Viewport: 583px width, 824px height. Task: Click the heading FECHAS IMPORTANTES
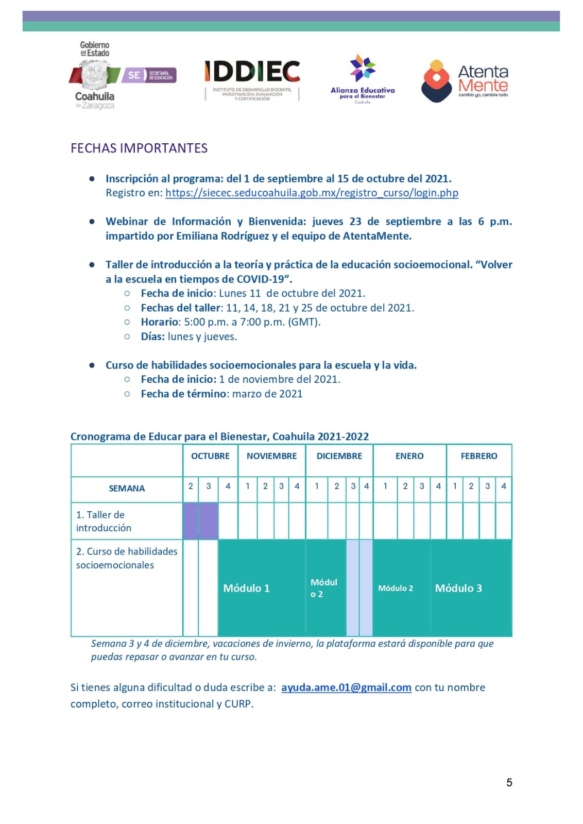point(139,148)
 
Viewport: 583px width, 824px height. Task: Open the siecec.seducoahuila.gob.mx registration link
point(312,193)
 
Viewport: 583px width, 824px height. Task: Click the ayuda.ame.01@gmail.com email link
point(346,687)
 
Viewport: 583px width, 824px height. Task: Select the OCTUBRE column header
point(210,456)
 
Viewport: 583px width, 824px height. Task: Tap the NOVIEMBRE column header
point(271,456)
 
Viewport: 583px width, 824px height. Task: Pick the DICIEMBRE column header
point(339,456)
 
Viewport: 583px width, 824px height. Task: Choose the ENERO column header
point(409,456)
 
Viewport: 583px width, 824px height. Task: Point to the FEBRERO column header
point(479,456)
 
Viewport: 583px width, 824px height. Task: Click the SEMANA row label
point(127,489)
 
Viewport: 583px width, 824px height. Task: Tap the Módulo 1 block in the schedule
point(246,588)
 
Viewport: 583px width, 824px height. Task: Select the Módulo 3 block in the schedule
point(458,588)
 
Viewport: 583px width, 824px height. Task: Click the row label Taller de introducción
point(104,521)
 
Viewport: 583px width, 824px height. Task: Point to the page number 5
point(509,782)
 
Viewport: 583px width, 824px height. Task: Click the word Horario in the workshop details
point(159,322)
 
